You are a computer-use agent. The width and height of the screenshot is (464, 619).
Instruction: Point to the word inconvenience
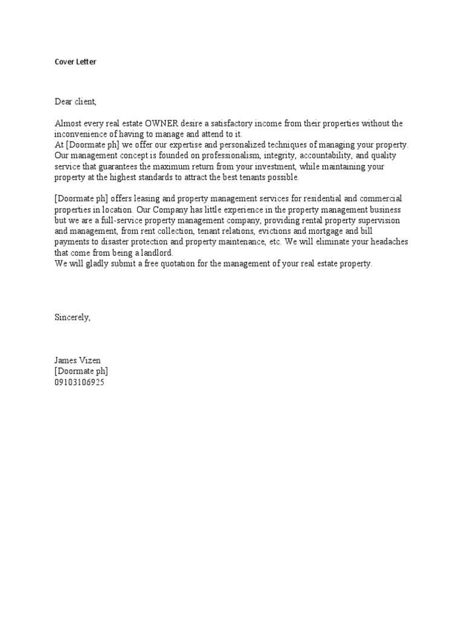(x=82, y=134)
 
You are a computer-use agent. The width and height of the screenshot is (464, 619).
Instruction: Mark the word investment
(x=269, y=166)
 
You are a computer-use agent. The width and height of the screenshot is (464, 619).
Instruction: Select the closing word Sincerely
(x=72, y=317)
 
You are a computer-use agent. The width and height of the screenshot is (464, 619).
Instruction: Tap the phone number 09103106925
(x=79, y=382)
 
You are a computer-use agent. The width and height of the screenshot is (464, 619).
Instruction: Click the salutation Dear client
(x=76, y=102)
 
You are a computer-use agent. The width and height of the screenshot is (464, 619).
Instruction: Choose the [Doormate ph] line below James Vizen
(x=82, y=371)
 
